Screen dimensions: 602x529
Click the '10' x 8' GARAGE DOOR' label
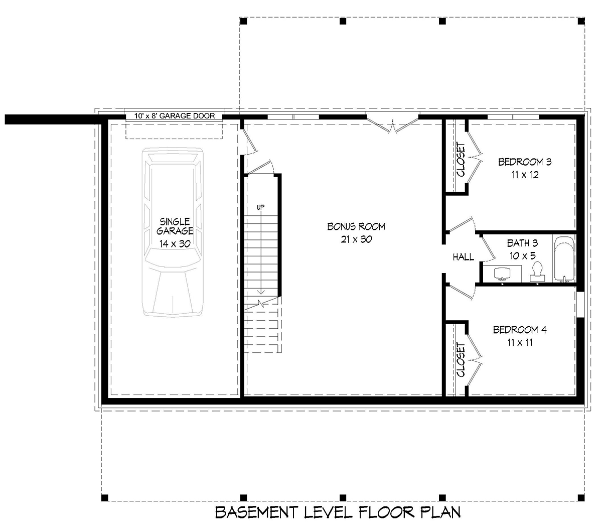click(x=175, y=115)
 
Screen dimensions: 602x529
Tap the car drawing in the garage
click(x=173, y=232)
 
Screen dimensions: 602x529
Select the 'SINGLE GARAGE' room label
click(x=175, y=226)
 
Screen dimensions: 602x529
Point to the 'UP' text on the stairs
click(x=260, y=207)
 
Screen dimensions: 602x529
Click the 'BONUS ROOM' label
click(x=356, y=226)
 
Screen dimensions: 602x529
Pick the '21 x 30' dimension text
click(x=356, y=239)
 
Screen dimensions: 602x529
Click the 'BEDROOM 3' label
click(x=525, y=162)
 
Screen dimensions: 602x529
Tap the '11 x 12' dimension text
click(x=525, y=175)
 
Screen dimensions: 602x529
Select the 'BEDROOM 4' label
click(x=520, y=330)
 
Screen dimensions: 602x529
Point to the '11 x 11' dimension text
click(x=520, y=343)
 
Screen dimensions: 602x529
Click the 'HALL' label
click(x=463, y=257)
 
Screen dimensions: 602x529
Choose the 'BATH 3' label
click(x=522, y=243)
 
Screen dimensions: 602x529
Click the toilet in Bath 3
click(x=537, y=272)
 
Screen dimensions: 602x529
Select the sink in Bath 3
click(x=502, y=273)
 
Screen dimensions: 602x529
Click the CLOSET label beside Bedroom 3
click(x=461, y=160)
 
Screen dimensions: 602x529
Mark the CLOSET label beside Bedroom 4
click(x=461, y=360)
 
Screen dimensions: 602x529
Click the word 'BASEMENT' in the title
click(x=256, y=512)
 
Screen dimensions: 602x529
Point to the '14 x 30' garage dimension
click(x=175, y=244)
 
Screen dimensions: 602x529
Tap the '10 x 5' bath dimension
click(x=523, y=256)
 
